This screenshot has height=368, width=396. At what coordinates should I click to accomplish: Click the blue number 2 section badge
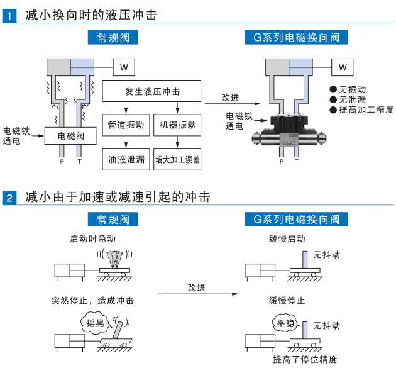pos(9,198)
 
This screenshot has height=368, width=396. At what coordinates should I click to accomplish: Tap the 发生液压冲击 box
pos(152,91)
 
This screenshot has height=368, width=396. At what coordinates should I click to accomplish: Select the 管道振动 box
pos(126,125)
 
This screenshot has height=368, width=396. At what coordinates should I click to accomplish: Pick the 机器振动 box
pos(177,125)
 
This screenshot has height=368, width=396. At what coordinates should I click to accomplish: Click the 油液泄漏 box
pos(126,159)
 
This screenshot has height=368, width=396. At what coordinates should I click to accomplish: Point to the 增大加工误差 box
pos(177,159)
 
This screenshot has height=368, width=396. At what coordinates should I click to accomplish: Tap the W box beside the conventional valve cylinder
pos(124,67)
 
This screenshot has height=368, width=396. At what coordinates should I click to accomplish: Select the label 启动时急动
pos(92,238)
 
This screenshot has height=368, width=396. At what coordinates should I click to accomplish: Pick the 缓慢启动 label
pos(287,238)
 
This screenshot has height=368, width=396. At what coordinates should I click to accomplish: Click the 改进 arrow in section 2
pos(196,293)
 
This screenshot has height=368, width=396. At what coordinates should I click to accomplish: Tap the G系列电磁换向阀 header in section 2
pos(296,219)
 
